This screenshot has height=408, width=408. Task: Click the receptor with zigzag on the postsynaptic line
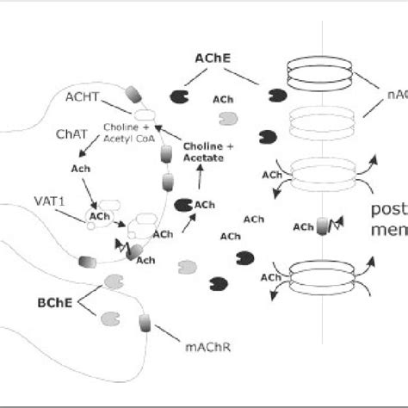coord(326,227)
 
